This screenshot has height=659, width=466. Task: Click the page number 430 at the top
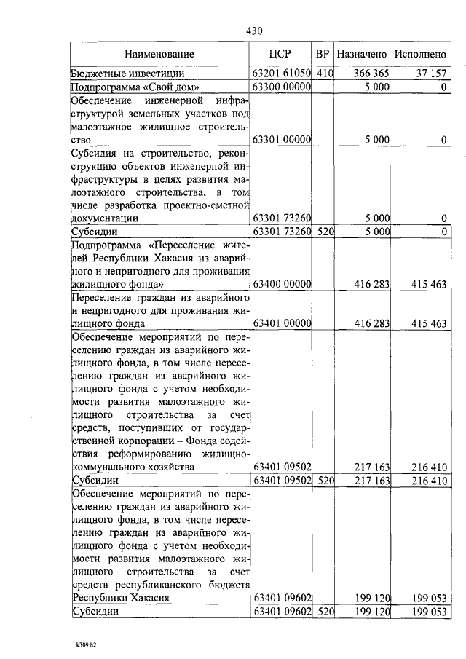click(x=253, y=31)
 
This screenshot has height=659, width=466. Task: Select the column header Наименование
click(x=159, y=55)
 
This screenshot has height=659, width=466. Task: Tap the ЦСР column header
click(x=280, y=55)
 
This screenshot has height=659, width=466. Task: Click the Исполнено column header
click(x=420, y=55)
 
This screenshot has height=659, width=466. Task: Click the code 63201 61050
click(x=281, y=74)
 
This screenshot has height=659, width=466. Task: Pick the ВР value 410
click(x=325, y=74)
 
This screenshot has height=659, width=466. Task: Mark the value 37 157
click(x=430, y=74)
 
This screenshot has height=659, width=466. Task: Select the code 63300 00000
click(x=281, y=87)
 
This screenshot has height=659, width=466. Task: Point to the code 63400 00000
click(x=281, y=285)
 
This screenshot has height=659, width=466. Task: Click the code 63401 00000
click(x=281, y=323)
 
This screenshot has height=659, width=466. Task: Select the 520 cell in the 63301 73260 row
click(x=325, y=232)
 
